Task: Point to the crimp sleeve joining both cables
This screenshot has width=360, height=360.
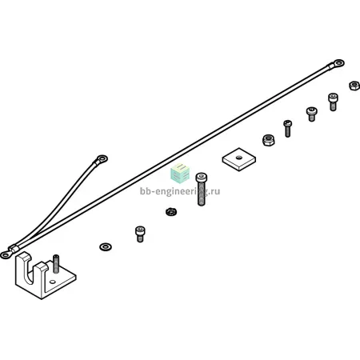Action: point(14,250)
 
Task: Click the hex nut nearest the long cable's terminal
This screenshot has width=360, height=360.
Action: point(354,86)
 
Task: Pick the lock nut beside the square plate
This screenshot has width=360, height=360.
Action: point(268,140)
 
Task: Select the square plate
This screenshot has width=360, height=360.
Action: point(239,159)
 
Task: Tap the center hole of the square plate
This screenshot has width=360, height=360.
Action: point(238,158)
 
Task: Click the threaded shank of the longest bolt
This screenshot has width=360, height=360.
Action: point(202,194)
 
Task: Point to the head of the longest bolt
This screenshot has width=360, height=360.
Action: point(202,178)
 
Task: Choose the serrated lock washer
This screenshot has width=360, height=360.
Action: point(170,212)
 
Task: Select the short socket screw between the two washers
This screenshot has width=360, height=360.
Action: point(140,234)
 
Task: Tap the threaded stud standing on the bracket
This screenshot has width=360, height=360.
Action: point(56,264)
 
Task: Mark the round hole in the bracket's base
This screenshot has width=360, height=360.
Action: point(53,282)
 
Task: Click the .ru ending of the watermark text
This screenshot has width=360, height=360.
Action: point(215,191)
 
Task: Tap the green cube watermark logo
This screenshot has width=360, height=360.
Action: point(180,174)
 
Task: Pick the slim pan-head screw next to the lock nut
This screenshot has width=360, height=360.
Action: point(287,129)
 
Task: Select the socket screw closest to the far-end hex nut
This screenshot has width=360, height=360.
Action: point(333,102)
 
